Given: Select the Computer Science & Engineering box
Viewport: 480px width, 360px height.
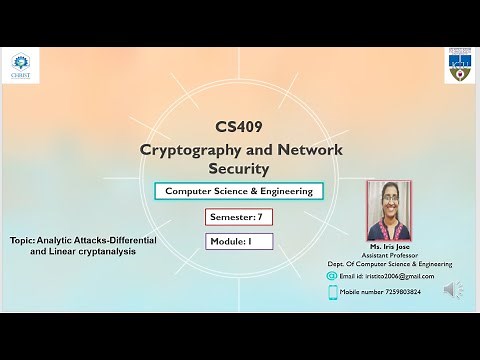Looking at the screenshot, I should click(238, 191).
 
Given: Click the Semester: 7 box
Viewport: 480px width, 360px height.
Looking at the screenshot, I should click(238, 216).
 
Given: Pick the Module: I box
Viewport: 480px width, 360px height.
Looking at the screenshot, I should click(238, 241).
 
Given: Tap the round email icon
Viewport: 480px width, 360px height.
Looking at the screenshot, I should click(333, 276).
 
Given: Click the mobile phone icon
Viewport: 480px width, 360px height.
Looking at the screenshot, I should click(333, 292).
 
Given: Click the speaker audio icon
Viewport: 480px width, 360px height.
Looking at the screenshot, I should click(453, 290).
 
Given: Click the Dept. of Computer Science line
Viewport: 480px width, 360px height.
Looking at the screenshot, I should click(390, 264).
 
